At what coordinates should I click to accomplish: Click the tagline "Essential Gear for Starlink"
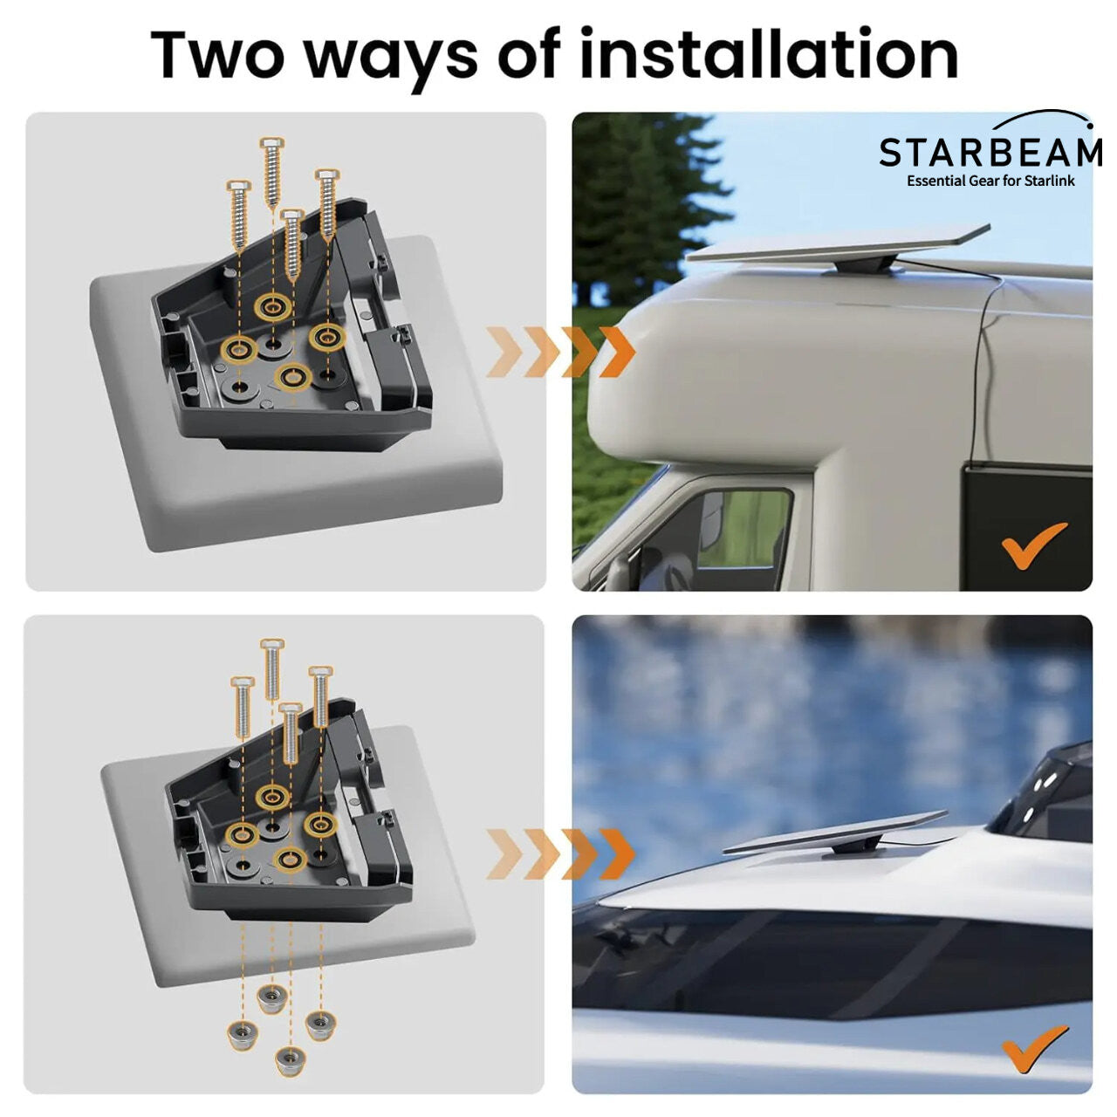[x=990, y=181]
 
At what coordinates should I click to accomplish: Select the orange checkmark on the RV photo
[x=1034, y=545]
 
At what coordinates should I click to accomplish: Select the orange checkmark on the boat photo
[x=1035, y=1047]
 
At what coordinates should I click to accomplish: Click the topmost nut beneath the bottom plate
[x=271, y=995]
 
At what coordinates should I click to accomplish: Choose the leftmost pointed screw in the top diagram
[x=239, y=214]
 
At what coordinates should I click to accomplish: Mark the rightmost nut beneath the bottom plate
[x=320, y=1021]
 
